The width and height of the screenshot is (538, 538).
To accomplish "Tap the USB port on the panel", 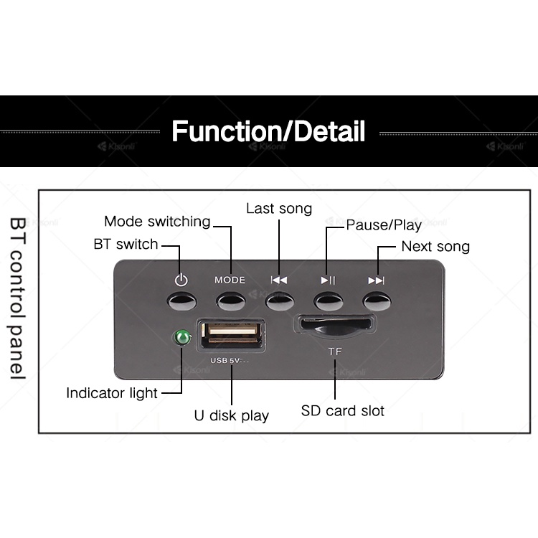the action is pyautogui.click(x=232, y=335).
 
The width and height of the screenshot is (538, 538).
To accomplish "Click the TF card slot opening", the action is pyautogui.click(x=335, y=324).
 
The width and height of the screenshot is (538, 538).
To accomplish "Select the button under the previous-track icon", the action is pyautogui.click(x=279, y=300).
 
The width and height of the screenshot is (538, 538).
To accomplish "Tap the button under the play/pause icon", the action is pyautogui.click(x=327, y=300).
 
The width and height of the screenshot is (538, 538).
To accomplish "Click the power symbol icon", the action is pyautogui.click(x=181, y=280).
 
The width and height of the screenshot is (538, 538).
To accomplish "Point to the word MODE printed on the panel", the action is pyautogui.click(x=230, y=280).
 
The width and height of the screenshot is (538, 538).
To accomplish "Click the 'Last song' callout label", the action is pyautogui.click(x=279, y=209).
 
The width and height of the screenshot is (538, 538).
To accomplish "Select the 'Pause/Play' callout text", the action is pyautogui.click(x=384, y=225).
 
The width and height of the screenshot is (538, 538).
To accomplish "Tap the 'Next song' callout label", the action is pyautogui.click(x=435, y=247).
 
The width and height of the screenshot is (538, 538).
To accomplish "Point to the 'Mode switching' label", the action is pyautogui.click(x=157, y=221).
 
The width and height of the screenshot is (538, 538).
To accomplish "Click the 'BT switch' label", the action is pyautogui.click(x=126, y=244).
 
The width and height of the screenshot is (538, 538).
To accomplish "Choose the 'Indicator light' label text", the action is pyautogui.click(x=112, y=393).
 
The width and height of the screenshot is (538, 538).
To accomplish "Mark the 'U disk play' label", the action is pyautogui.click(x=232, y=415).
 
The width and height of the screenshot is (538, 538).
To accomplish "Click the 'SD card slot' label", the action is pyautogui.click(x=342, y=411).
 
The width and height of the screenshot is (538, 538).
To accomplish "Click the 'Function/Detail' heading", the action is pyautogui.click(x=268, y=132).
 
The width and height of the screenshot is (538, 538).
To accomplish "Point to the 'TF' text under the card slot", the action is pyautogui.click(x=335, y=351).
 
